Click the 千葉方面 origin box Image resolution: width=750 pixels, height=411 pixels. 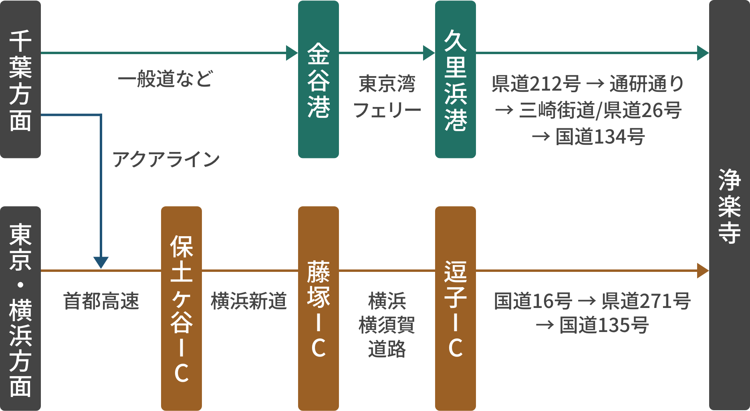point(20,79)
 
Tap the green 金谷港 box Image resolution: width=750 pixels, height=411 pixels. point(318,79)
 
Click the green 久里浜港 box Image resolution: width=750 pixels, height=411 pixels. point(455,79)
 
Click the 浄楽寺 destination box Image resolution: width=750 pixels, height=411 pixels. point(729,205)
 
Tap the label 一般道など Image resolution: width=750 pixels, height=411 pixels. point(165,79)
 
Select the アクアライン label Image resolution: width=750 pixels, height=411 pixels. point(165,159)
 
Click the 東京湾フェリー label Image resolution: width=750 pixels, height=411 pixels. point(387,97)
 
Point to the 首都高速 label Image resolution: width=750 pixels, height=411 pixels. point(101,301)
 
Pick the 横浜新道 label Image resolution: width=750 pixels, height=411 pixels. point(249,301)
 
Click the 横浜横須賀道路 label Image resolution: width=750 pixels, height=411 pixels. point(387,325)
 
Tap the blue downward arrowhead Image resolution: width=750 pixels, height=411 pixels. point(101,263)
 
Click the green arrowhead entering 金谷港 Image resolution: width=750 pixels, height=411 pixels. point(292,53)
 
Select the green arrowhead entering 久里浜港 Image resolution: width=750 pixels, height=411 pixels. point(429,53)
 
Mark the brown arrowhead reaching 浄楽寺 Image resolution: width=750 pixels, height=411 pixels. point(703,271)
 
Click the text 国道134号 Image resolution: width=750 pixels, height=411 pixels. point(600,137)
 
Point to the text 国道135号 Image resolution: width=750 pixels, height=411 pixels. point(604,325)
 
